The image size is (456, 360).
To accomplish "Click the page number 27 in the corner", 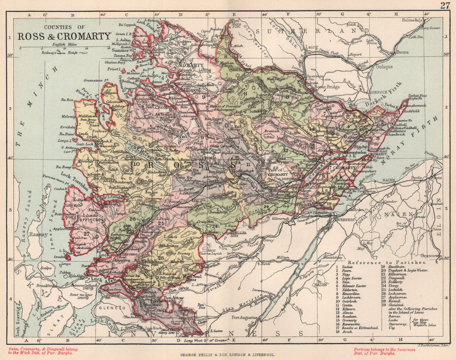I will pos(445,5).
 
